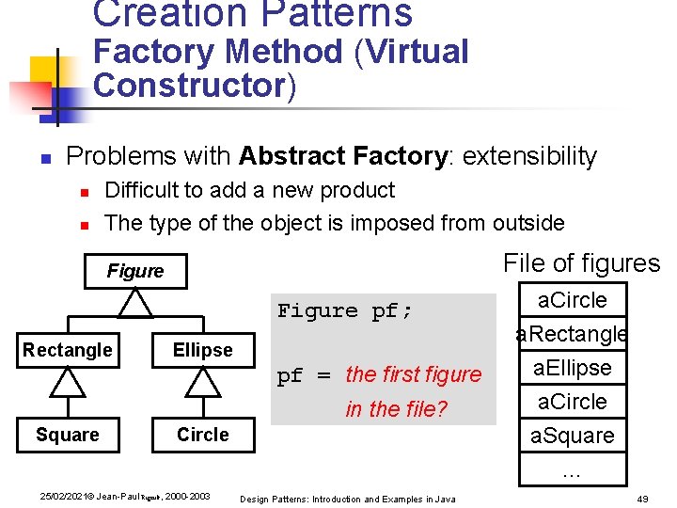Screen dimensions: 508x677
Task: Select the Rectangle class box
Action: tap(68, 350)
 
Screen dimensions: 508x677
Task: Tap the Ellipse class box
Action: tap(202, 350)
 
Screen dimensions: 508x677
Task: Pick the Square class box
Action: tap(68, 435)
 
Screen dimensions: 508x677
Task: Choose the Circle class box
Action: tap(202, 435)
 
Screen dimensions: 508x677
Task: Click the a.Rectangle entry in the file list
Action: tap(572, 334)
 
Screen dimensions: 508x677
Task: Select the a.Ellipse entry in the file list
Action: tap(572, 368)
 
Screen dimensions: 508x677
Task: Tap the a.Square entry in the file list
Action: tap(572, 436)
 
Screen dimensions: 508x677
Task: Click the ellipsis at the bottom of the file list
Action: tap(572, 469)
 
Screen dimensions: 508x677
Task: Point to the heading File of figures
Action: tap(581, 263)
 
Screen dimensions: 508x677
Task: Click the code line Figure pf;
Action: tap(345, 311)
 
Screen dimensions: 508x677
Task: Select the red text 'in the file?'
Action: tap(396, 409)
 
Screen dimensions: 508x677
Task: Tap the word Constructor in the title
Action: tap(189, 85)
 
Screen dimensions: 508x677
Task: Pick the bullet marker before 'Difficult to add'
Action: tap(84, 192)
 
